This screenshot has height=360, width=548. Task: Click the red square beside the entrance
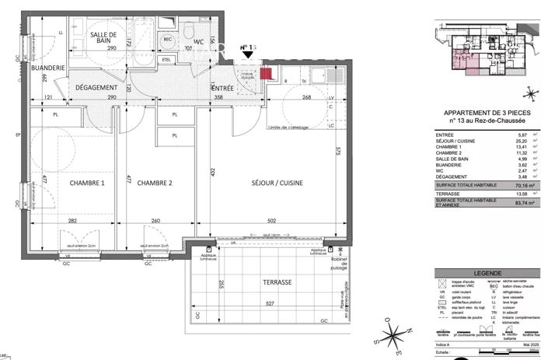266,74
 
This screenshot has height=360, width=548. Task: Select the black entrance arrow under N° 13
247,56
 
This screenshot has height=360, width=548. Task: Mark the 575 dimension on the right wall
340,152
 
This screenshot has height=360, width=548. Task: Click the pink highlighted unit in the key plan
450,61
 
